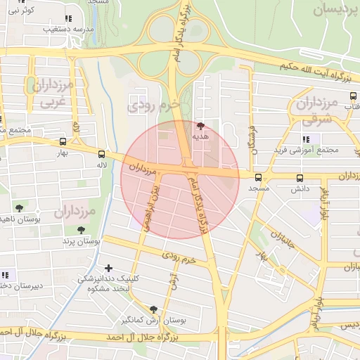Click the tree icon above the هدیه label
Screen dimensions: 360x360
pyautogui.click(x=202, y=127)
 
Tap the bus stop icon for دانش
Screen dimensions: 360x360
pyautogui.click(x=300, y=179)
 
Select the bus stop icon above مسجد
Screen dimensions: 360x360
pyautogui.click(x=259, y=178)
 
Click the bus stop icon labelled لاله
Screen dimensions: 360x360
pyautogui.click(x=102, y=154)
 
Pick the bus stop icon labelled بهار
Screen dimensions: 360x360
pyautogui.click(x=75, y=129)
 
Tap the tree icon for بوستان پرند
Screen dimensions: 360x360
pyautogui.click(x=82, y=230)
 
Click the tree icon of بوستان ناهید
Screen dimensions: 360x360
pyautogui.click(x=19, y=208)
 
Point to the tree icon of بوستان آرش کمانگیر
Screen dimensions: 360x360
pyautogui.click(x=154, y=309)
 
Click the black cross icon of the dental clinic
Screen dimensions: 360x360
pyautogui.click(x=108, y=268)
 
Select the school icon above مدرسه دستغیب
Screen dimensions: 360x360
pyautogui.click(x=67, y=19)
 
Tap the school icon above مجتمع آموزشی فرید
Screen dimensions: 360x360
pyautogui.click(x=307, y=139)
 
